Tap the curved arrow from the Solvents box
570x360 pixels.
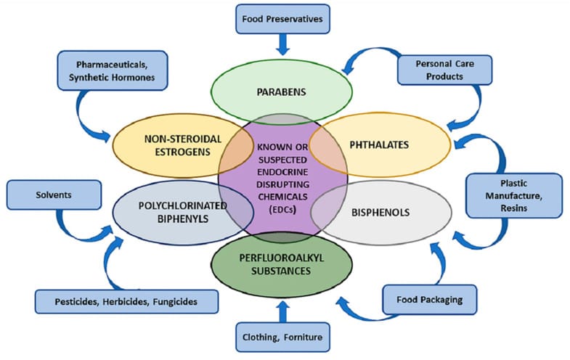click(x=87, y=221)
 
